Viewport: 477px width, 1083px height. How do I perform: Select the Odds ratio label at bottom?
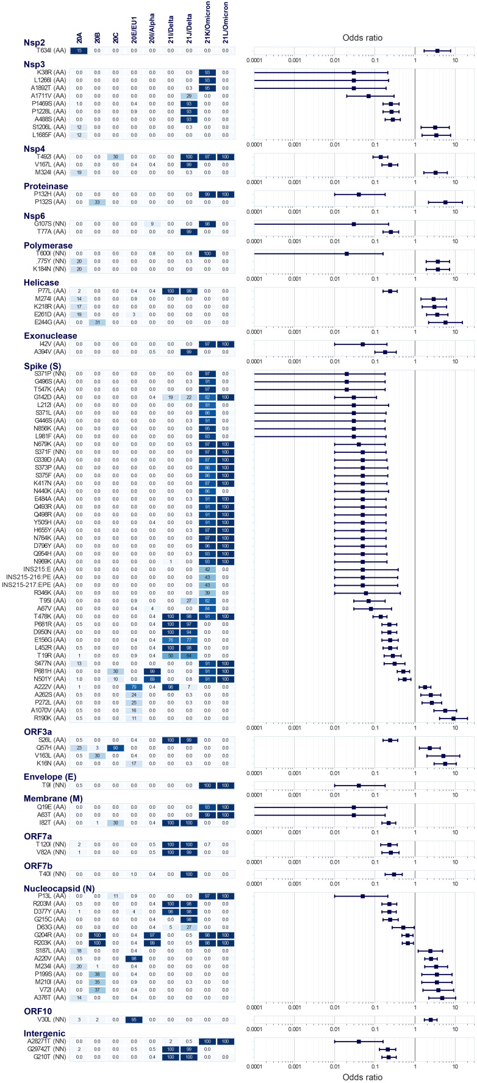pos(363,1077)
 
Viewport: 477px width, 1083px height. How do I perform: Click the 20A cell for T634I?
pos(79,51)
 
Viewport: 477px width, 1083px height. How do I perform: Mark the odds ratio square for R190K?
pos(454,718)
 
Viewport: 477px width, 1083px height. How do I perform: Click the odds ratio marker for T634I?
pos(437,51)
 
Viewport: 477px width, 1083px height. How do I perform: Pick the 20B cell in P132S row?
pos(98,202)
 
